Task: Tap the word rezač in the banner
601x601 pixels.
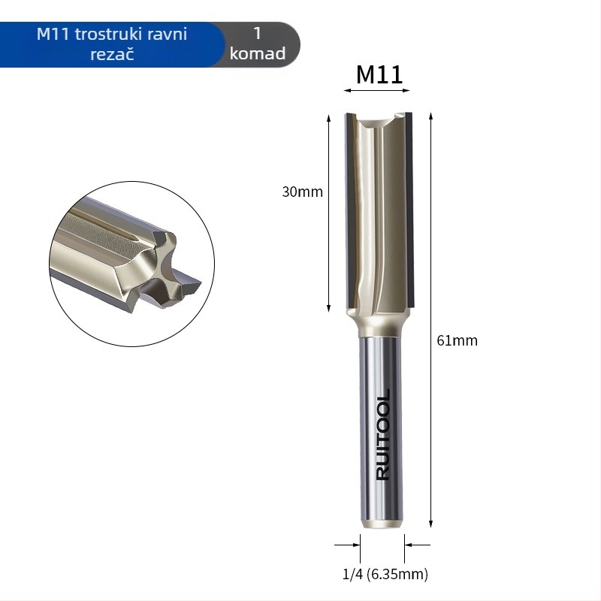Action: [112, 53]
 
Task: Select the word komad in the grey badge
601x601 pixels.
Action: [258, 53]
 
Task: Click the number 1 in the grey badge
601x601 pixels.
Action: [258, 33]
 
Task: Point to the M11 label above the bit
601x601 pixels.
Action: [379, 74]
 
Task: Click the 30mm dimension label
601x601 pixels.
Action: [303, 192]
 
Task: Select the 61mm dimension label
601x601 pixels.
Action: [458, 340]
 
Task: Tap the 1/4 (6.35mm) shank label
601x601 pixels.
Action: [385, 574]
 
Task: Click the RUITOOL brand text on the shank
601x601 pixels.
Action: [383, 435]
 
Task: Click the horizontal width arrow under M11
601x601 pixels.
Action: [377, 90]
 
